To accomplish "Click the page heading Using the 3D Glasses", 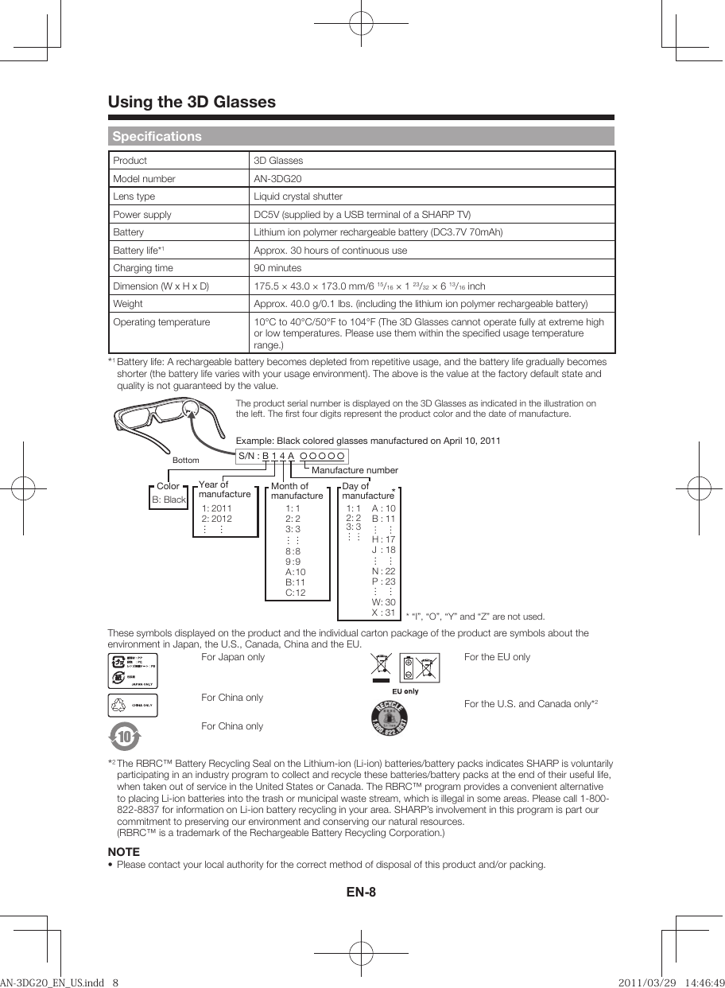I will point(192,102).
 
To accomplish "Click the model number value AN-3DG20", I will point(277,178).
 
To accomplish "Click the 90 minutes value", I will point(277,268).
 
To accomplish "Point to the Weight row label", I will point(128,304).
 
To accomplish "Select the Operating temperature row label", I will point(161,322).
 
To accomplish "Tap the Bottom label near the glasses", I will point(185,460).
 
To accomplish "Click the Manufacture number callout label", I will point(355,471).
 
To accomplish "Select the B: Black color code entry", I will point(169,500).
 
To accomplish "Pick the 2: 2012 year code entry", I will point(216,518).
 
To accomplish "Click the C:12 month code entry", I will point(295,593).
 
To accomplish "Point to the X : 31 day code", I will point(383,613).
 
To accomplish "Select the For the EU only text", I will point(497,657).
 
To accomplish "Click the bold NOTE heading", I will point(123,852).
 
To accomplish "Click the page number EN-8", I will point(361,892).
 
